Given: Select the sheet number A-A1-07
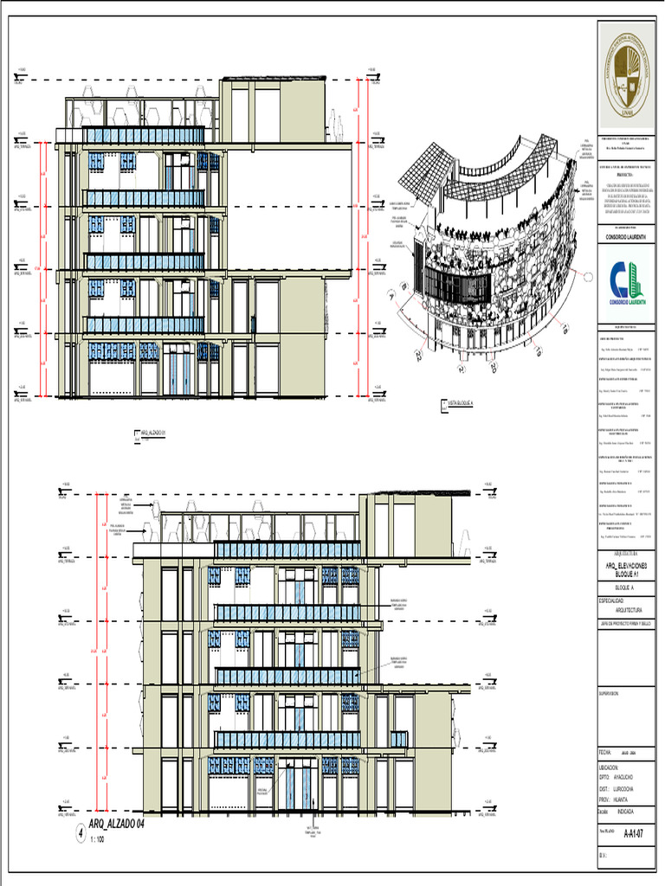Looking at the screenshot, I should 633,834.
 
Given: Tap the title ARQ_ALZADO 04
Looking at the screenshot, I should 115,825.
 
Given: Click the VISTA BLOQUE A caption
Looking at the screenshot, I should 466,403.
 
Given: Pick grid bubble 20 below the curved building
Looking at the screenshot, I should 493,369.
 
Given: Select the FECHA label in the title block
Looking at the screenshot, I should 605,752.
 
